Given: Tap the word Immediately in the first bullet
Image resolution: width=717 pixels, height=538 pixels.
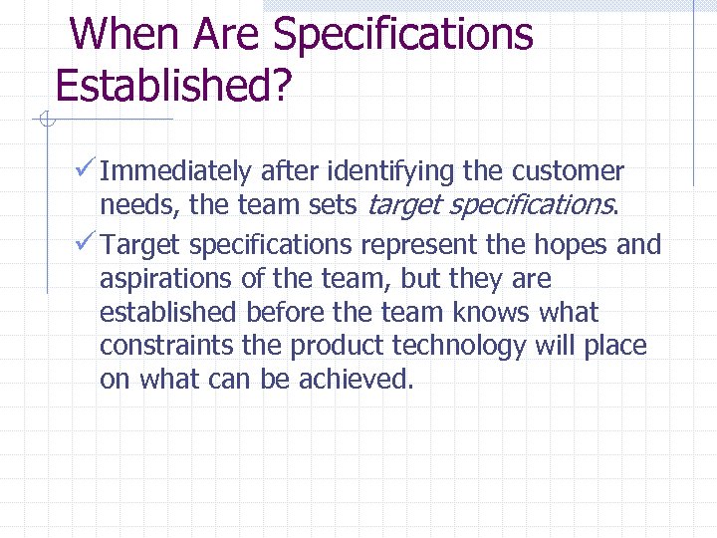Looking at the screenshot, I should click(176, 171).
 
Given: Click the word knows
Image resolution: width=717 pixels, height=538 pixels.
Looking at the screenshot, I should click(493, 313).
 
